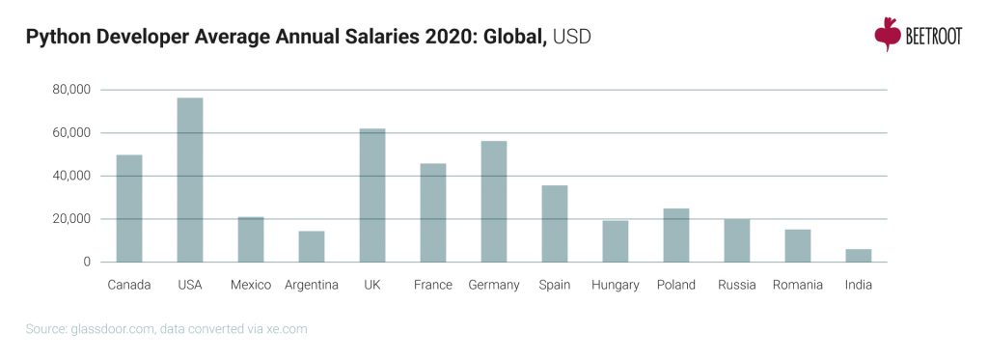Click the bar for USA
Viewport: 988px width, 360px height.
pyautogui.click(x=190, y=180)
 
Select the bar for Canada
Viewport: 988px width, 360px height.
pyautogui.click(x=129, y=208)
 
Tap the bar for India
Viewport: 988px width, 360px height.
pyautogui.click(x=859, y=256)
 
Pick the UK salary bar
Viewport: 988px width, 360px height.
pyautogui.click(x=372, y=195)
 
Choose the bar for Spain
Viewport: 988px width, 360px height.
pyautogui.click(x=555, y=223)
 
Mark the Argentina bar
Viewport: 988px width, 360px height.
pyautogui.click(x=312, y=246)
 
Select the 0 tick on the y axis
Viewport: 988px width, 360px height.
pyautogui.click(x=86, y=262)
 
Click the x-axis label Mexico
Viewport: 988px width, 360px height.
pyautogui.click(x=251, y=285)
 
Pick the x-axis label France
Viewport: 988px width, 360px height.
pyautogui.click(x=433, y=285)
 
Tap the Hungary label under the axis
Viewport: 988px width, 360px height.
pyautogui.click(x=616, y=285)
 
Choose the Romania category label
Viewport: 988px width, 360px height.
pyautogui.click(x=798, y=285)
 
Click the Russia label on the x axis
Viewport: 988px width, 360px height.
pyautogui.click(x=737, y=285)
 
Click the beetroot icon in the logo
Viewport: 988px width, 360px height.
pyautogui.click(x=887, y=34)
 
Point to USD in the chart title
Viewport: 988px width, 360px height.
pyautogui.click(x=572, y=38)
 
